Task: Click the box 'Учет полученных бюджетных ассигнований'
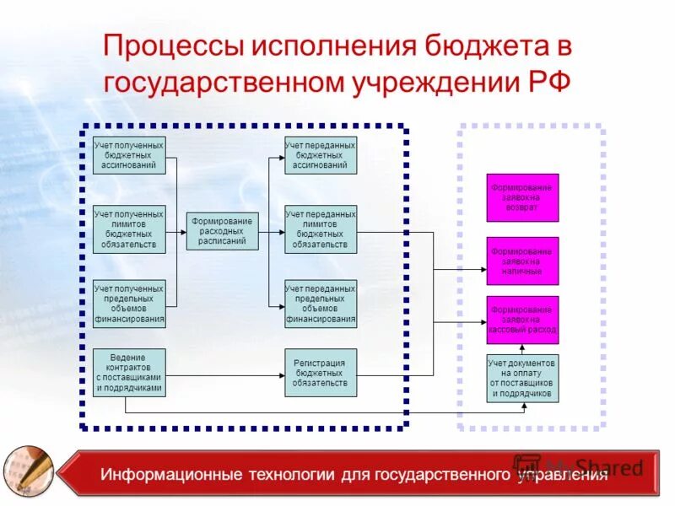pos(129,155)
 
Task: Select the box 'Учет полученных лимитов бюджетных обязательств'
pos(129,229)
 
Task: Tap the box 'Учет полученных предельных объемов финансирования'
pos(129,304)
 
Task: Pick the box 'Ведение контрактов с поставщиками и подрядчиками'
pos(129,373)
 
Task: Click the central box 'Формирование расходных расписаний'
pos(223,230)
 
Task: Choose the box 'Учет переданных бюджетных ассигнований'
pos(321,155)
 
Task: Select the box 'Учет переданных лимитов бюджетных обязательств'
pos(321,229)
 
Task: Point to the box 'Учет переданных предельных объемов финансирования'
pos(321,304)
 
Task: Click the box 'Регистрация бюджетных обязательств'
pos(321,373)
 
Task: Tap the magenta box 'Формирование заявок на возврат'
pos(522,197)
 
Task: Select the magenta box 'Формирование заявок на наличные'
pos(522,261)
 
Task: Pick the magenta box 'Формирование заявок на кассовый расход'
pos(522,320)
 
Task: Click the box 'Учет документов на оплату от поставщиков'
pos(522,379)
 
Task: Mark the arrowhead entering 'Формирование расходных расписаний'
pos(183,230)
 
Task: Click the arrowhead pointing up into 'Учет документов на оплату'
pos(523,406)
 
